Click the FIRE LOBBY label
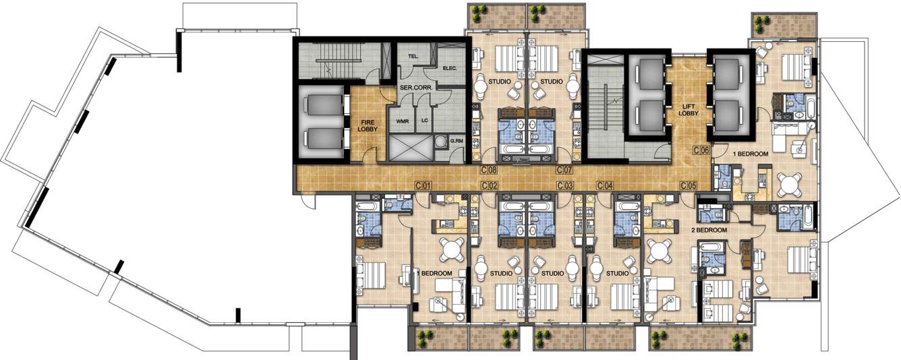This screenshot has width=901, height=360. [x=368, y=125]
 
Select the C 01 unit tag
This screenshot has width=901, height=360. [x=423, y=185]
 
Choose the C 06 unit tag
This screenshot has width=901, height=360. [x=701, y=151]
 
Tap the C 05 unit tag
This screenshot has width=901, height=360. [x=689, y=185]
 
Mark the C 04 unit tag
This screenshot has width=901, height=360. [x=605, y=185]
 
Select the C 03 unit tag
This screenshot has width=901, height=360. [x=564, y=185]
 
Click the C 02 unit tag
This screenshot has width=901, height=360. [x=489, y=185]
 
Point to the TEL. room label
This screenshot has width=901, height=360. [x=414, y=58]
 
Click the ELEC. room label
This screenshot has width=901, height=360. [x=450, y=69]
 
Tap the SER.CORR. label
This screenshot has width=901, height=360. [x=416, y=88]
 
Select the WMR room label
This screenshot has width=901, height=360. [x=403, y=121]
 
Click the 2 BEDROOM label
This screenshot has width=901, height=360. [x=709, y=231]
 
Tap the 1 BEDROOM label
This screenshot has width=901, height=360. [x=751, y=154]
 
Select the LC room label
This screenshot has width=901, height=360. [x=425, y=121]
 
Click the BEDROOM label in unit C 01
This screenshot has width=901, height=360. [x=436, y=274]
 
